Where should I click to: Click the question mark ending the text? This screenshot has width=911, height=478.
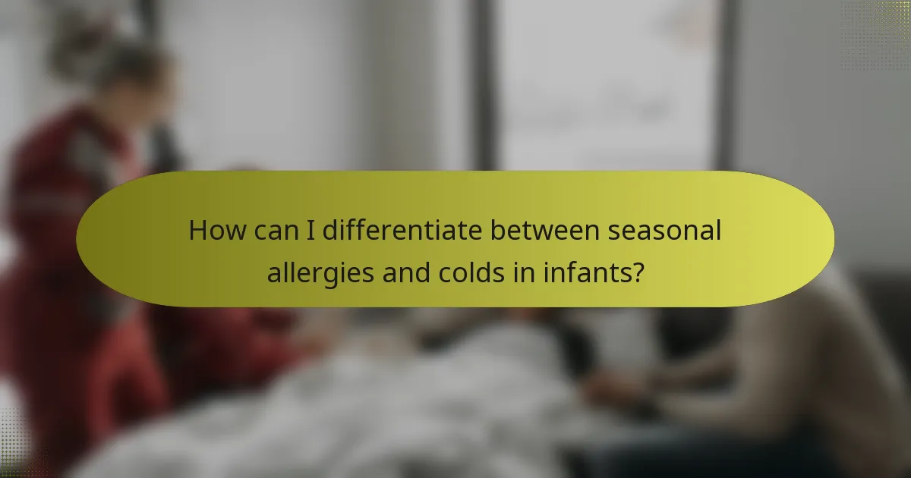click(x=638, y=272)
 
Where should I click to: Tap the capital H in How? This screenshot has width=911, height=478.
click(x=197, y=231)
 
